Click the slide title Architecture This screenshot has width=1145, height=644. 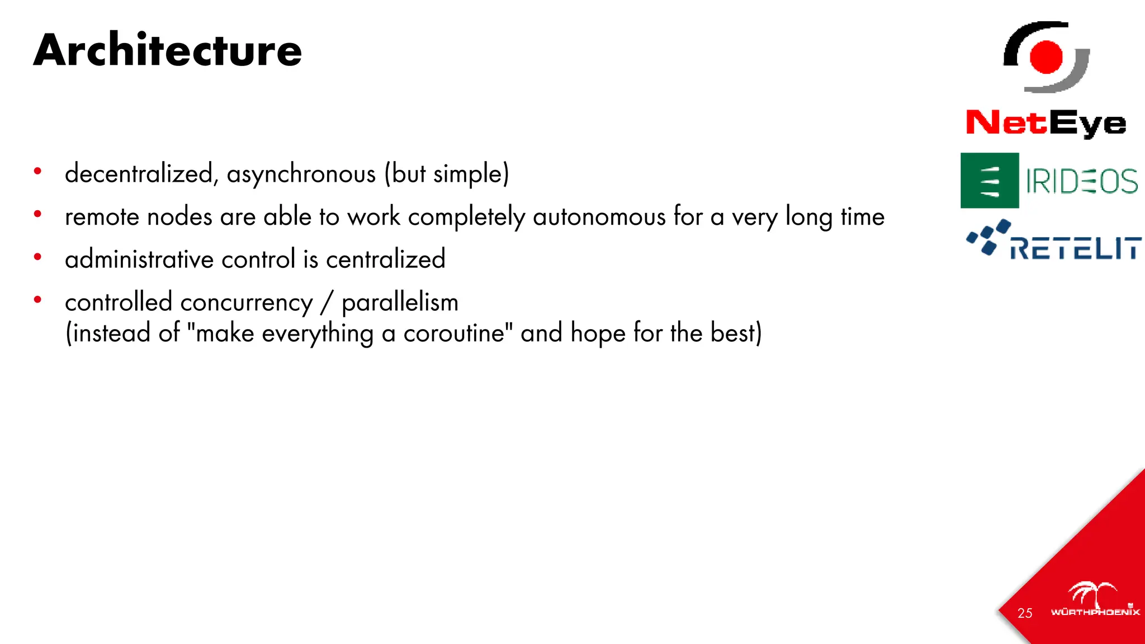coord(168,50)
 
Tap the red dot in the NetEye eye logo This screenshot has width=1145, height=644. coord(1046,57)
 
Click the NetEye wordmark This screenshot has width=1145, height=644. coord(1046,123)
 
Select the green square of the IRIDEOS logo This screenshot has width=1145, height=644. coord(990,181)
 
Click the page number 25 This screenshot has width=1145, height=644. coord(1025,613)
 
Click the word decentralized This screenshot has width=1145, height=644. coord(139,173)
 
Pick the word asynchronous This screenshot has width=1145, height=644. coord(301,174)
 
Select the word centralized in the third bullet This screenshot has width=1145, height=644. coord(386,259)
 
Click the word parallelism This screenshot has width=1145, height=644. coord(400,302)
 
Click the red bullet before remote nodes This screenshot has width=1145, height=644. coord(37,214)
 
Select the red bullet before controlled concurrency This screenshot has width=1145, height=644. coord(37,300)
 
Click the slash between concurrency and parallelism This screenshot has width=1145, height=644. coord(327,302)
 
